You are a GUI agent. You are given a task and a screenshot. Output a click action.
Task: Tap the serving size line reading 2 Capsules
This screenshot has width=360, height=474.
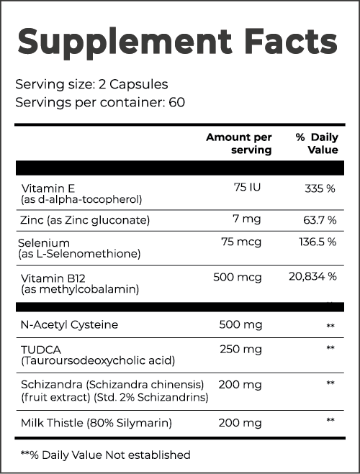coord(91,83)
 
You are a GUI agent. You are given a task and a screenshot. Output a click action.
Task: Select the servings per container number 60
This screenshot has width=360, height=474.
coord(176,101)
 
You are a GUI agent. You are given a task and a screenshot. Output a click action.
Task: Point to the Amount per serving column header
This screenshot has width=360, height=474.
coord(239,143)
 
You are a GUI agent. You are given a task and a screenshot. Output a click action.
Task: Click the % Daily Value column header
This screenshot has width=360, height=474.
coord(317,143)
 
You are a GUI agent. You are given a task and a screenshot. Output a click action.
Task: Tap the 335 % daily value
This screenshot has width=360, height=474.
coord(320,188)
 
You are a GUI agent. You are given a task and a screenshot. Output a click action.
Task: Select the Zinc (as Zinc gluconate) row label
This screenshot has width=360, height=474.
coord(86,219)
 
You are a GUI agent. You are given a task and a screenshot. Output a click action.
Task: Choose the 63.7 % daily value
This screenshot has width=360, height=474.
coord(318,219)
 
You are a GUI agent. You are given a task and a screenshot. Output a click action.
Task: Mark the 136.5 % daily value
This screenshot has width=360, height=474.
coord(318,241)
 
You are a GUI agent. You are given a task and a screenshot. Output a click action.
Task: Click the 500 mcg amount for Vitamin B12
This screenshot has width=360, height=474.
coord(242,277)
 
